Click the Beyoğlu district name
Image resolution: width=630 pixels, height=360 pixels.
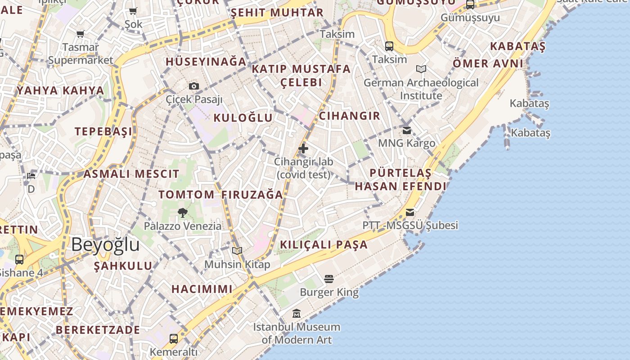point(105,245)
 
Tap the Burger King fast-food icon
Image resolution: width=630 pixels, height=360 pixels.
point(329,279)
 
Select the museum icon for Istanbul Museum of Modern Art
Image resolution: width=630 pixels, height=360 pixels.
point(297,313)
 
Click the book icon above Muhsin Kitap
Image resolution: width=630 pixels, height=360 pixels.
point(237,251)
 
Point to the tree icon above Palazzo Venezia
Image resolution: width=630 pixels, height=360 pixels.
point(182,212)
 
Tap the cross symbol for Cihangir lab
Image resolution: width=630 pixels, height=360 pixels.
point(303,148)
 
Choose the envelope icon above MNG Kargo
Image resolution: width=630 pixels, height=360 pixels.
point(407,130)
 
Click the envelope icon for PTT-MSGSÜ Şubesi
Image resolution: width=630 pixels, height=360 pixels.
point(410,212)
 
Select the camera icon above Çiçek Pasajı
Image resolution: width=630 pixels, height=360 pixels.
point(194,86)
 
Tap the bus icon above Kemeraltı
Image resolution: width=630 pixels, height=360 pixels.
point(174,338)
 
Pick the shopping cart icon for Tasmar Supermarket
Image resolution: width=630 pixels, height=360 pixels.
point(81,34)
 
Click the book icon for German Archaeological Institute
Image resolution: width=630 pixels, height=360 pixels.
point(421,69)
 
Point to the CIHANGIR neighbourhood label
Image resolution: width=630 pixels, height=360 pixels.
point(350,116)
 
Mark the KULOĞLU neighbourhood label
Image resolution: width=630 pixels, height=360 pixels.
point(243,118)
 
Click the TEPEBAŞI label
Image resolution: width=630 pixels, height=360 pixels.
point(103,131)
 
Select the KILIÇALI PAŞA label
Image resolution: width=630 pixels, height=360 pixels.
point(324,245)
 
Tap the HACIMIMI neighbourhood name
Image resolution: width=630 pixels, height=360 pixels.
point(202,289)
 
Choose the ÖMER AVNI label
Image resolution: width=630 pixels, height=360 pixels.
point(488,63)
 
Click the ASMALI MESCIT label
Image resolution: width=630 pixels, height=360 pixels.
point(131,174)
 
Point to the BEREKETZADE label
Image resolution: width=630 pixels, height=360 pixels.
point(98,330)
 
